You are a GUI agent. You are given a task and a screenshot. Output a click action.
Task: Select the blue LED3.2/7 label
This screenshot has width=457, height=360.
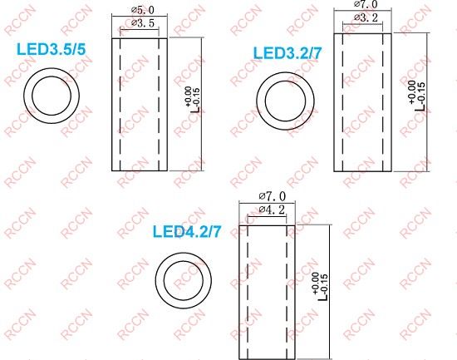(292, 55)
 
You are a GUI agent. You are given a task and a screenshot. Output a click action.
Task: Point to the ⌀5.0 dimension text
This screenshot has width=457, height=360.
(142, 9)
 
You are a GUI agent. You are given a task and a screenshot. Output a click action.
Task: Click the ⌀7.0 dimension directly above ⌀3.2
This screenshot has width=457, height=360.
(366, 5)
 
